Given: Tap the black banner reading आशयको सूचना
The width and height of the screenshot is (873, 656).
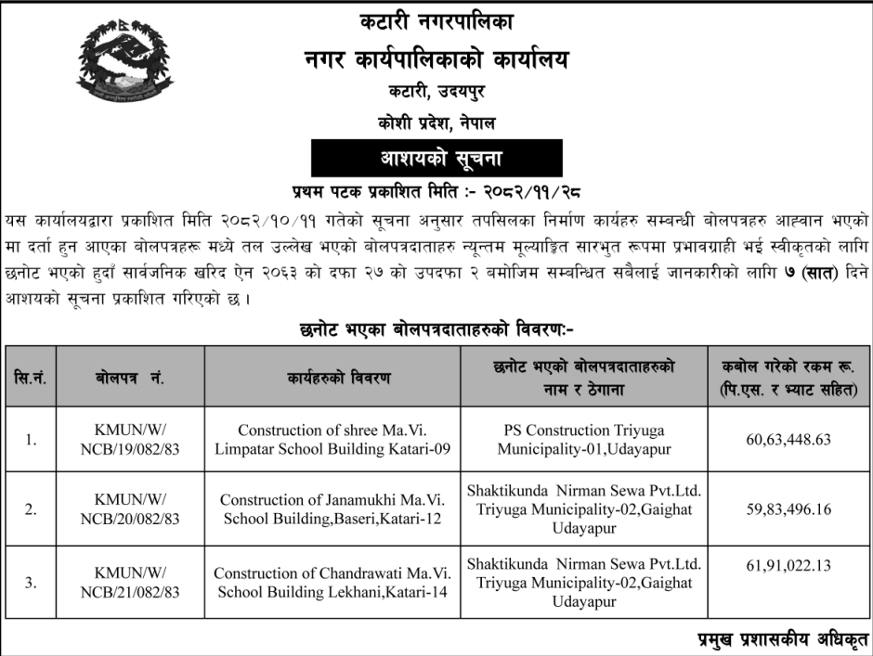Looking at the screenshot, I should (x=436, y=159).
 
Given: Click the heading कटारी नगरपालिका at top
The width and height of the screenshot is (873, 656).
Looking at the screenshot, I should (x=436, y=20).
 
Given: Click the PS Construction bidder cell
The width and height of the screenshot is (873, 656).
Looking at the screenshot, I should (x=584, y=440).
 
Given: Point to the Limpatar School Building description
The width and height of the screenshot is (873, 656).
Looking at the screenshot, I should (x=345, y=440).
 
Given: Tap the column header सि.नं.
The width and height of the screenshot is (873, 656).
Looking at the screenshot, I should (x=32, y=378).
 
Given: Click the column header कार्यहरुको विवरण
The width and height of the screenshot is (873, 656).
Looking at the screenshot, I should (x=345, y=378).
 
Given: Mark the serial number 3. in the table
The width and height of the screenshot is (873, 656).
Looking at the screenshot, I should (x=32, y=583).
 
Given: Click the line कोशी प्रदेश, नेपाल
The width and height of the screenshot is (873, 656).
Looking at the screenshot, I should (x=436, y=122).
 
